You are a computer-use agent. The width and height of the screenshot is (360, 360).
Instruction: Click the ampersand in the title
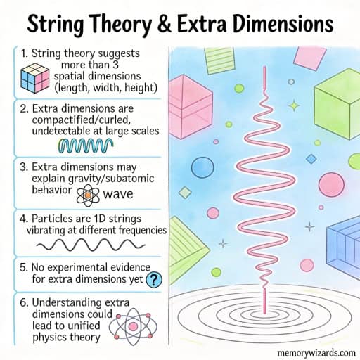[165, 24]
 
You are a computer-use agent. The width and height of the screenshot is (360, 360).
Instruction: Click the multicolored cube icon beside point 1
[35, 78]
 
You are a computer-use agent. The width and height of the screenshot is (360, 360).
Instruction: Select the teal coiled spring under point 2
[86, 146]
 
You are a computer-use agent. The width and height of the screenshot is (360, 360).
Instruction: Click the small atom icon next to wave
[88, 195]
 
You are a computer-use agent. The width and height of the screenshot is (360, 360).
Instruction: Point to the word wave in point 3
[118, 194]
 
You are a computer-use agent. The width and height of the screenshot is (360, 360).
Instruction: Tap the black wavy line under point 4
[91, 245]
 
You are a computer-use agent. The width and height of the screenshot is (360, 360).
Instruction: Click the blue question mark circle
[154, 279]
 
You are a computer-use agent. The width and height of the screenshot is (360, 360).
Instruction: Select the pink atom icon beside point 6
[133, 326]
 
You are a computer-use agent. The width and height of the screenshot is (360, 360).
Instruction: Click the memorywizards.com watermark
[316, 353]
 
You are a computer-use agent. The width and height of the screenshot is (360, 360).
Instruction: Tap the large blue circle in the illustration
[202, 167]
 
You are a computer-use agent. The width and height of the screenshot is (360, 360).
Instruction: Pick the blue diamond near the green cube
[311, 159]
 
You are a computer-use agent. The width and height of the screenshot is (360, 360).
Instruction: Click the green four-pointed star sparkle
[294, 105]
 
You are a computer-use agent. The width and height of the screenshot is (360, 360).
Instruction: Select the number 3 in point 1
[115, 65]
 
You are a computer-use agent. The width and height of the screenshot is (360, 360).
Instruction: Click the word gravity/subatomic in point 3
[111, 179]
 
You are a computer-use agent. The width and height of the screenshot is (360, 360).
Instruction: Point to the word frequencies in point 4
[143, 230]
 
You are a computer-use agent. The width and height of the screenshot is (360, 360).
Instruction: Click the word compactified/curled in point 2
[82, 120]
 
